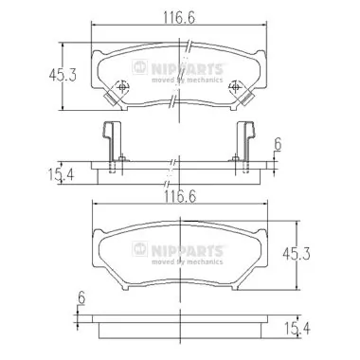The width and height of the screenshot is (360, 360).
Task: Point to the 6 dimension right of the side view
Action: click(x=278, y=144)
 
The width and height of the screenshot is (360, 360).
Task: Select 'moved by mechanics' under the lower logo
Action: click(x=189, y=259)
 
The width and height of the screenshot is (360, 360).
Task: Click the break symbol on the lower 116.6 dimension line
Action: click(x=175, y=209)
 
